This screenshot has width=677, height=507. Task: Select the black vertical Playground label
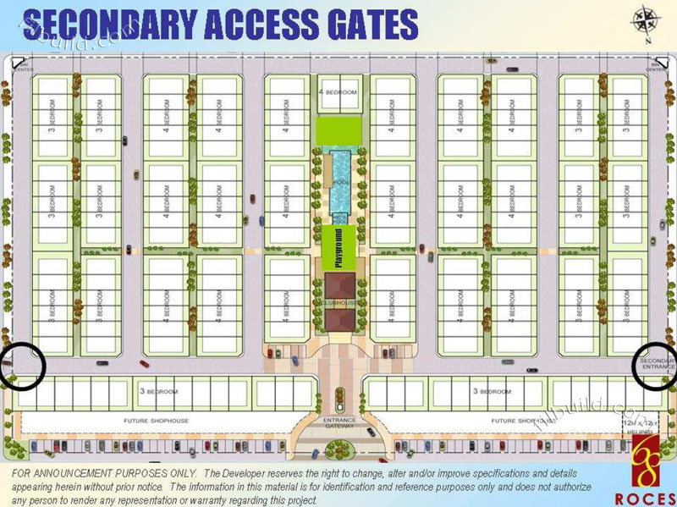(338, 248)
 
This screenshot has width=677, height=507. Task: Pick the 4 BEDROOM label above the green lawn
(338, 91)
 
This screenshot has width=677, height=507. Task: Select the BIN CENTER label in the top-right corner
(658, 65)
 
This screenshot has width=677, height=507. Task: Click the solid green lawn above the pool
(338, 131)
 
